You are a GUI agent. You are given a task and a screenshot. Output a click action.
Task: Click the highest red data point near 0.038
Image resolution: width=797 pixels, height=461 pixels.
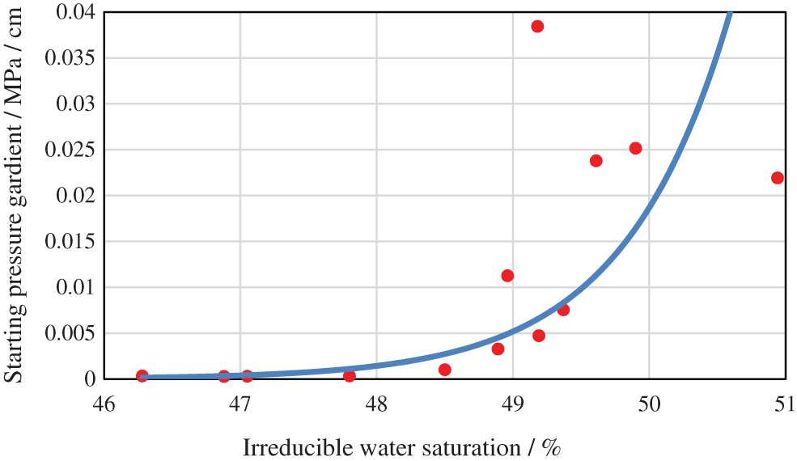[537, 26]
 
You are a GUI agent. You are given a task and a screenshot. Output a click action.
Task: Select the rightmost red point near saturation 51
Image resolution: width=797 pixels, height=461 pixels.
[778, 178]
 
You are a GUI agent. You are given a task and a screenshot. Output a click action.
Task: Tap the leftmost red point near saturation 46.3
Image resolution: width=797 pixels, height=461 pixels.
[142, 376]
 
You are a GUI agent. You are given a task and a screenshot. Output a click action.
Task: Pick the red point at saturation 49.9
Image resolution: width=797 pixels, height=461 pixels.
[635, 148]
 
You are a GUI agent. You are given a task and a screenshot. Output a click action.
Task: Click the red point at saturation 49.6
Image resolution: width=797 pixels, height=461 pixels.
[596, 160]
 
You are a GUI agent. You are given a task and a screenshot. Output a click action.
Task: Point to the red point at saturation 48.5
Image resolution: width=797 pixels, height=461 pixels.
[444, 370]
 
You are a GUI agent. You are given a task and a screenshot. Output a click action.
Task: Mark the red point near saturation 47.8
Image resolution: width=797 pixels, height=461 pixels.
[350, 376]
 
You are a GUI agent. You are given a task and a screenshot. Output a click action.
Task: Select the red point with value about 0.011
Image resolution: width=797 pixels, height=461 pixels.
[507, 276]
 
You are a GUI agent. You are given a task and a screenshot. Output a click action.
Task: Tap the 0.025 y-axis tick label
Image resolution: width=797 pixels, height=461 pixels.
[71, 150]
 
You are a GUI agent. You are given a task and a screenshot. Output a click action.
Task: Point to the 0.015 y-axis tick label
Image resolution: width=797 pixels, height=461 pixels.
[71, 241]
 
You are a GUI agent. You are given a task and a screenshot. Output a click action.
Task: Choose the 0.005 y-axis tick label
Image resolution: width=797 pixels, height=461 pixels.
[71, 332]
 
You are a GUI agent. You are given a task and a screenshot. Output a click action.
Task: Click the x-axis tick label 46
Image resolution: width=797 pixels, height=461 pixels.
[104, 404]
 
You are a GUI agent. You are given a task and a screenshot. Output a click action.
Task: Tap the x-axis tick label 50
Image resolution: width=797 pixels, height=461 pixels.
[649, 404]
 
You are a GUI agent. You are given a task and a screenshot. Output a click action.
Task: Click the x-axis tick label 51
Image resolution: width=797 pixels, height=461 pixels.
[784, 404]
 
